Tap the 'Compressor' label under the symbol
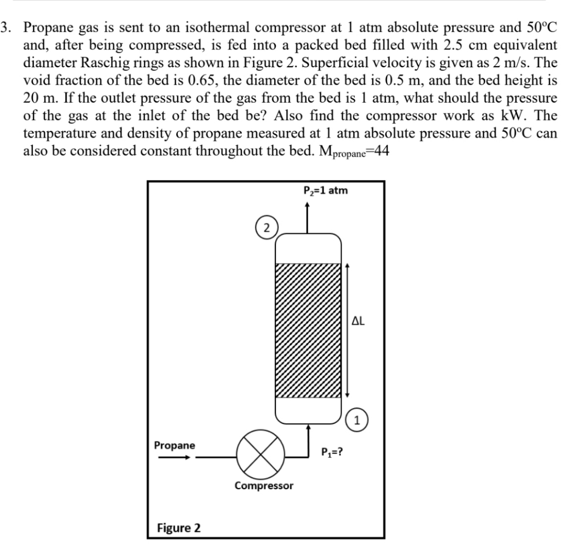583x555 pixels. (264, 486)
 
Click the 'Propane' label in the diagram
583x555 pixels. (175, 445)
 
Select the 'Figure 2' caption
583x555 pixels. (179, 528)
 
